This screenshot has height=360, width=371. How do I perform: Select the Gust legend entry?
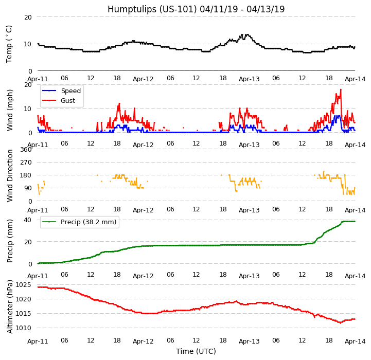(69, 101)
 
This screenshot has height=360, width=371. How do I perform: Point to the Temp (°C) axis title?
(9, 44)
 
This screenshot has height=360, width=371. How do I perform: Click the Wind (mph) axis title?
(10, 110)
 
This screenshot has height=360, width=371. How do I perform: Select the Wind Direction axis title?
(10, 175)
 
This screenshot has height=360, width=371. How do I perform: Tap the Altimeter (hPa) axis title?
(10, 307)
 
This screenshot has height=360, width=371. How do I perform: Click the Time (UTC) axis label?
(196, 351)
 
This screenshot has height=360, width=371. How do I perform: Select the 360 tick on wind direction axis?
(26, 149)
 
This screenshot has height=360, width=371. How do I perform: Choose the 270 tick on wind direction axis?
(26, 162)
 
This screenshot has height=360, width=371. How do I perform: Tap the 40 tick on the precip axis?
(28, 220)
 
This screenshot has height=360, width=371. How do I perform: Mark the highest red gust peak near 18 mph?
(341, 89)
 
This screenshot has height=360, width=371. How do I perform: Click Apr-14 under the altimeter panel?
(355, 341)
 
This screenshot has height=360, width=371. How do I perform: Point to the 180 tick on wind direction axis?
(26, 175)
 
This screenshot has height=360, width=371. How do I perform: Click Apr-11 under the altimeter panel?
(38, 341)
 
